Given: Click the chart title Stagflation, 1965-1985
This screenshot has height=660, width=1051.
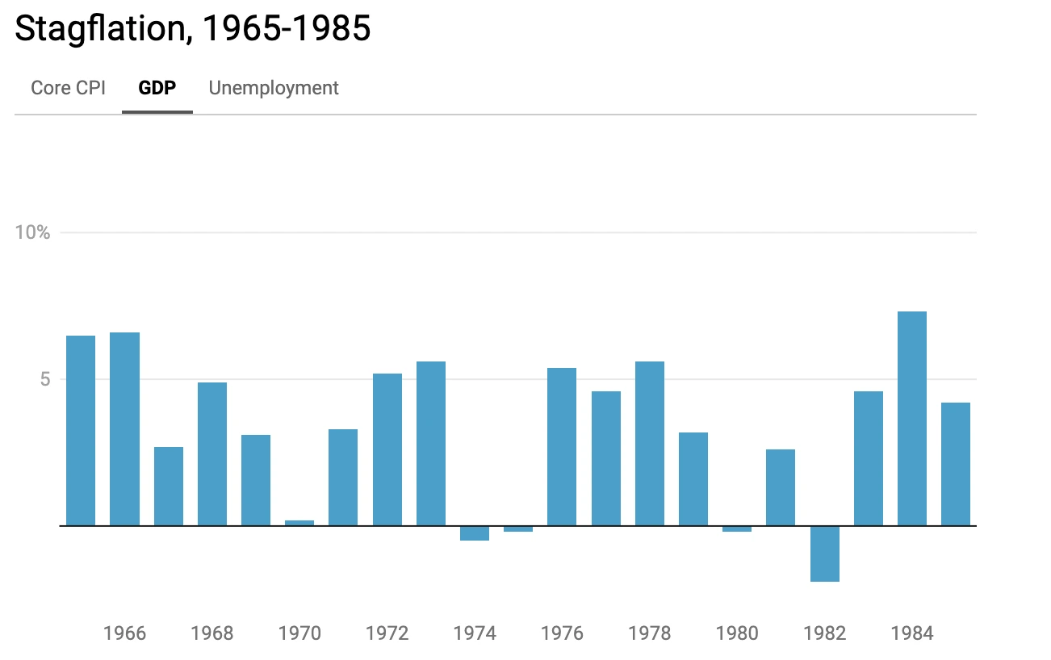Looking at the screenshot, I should pyautogui.click(x=193, y=29).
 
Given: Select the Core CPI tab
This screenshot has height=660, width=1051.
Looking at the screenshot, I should pyautogui.click(x=68, y=88).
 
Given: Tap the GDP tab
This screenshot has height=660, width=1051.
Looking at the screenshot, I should pyautogui.click(x=157, y=88).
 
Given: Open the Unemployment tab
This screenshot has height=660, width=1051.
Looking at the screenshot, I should pyautogui.click(x=274, y=88).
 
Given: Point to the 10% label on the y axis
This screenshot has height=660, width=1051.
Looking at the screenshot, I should pyautogui.click(x=33, y=232).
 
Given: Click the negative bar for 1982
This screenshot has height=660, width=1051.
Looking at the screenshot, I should pyautogui.click(x=825, y=553).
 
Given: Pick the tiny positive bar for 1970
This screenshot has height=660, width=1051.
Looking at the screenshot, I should pyautogui.click(x=299, y=523).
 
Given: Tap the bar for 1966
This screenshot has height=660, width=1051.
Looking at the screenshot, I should pyautogui.click(x=125, y=428).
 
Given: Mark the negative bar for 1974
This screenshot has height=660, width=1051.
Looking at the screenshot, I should pyautogui.click(x=475, y=533).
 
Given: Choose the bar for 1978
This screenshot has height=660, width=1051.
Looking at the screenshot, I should pyautogui.click(x=650, y=443).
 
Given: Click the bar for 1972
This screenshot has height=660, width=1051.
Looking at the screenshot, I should pyautogui.click(x=387, y=449).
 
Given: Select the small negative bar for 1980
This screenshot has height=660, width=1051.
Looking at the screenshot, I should pyautogui.click(x=737, y=529).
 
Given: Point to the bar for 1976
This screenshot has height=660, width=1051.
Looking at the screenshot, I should pyautogui.click(x=562, y=446).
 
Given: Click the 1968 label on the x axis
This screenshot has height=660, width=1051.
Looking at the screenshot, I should pyautogui.click(x=212, y=633).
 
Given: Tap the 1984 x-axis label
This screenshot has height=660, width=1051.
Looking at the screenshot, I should pyautogui.click(x=912, y=633).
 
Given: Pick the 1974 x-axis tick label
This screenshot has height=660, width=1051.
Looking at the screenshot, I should pyautogui.click(x=475, y=633).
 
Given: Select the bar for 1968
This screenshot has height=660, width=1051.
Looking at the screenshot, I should pyautogui.click(x=212, y=453).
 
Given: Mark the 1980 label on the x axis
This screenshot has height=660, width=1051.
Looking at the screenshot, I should pyautogui.click(x=737, y=633).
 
